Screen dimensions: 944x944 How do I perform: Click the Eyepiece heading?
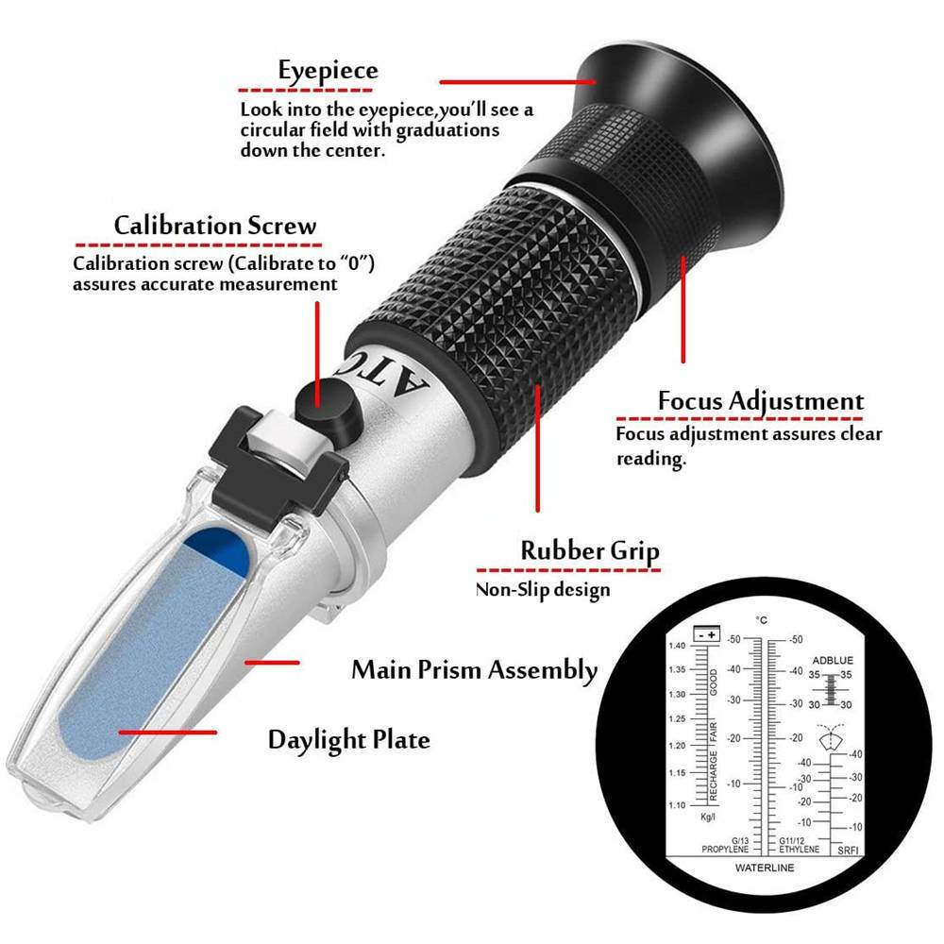[328, 71]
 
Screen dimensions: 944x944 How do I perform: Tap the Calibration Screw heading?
[215, 227]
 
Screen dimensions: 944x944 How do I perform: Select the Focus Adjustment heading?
[760, 401]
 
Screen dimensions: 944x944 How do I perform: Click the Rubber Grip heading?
[590, 551]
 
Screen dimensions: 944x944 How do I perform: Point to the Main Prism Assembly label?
[474, 670]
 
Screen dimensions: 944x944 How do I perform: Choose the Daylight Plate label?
[348, 739]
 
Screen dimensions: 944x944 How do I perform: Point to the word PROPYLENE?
[725, 850]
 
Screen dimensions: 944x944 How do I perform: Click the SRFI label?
[849, 850]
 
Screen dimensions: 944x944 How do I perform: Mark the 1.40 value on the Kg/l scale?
[678, 646]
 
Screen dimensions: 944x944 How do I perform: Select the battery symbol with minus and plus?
[705, 634]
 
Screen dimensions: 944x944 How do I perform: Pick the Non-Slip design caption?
[542, 590]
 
